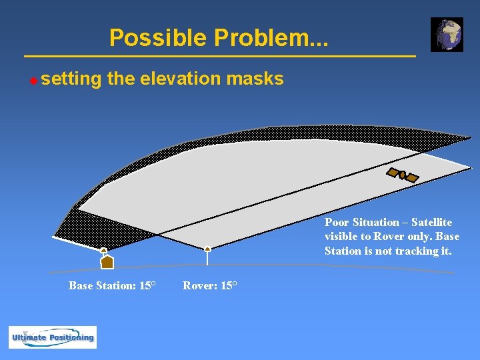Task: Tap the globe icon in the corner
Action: (x=447, y=35)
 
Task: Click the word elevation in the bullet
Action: (x=181, y=79)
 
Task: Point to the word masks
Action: (x=255, y=79)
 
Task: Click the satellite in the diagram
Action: (x=403, y=175)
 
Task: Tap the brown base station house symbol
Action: (x=107, y=262)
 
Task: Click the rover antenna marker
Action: (x=208, y=249)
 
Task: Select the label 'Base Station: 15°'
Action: (x=112, y=285)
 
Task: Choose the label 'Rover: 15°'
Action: (x=209, y=285)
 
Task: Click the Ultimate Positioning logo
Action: (x=53, y=337)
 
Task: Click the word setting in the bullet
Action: (x=71, y=79)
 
